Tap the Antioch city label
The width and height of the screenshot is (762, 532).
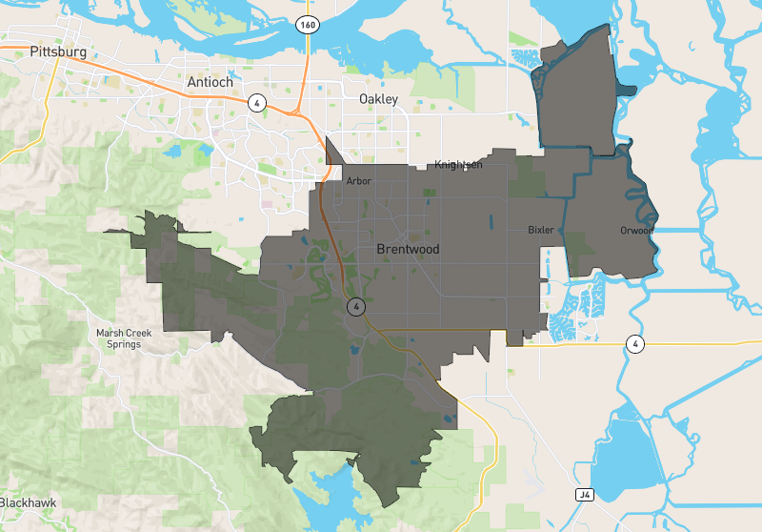click(211, 82)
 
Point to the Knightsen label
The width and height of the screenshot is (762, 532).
click(459, 165)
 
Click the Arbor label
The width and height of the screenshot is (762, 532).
click(358, 181)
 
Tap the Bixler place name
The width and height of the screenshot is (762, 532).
click(541, 230)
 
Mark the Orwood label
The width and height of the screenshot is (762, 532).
click(636, 230)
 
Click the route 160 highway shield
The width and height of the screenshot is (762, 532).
click(306, 24)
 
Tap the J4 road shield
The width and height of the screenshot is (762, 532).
click(585, 495)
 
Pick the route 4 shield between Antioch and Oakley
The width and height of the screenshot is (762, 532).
click(257, 102)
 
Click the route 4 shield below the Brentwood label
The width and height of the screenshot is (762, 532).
click(355, 307)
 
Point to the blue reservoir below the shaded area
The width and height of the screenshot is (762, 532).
click(319, 502)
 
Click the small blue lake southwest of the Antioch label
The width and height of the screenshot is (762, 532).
click(173, 151)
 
